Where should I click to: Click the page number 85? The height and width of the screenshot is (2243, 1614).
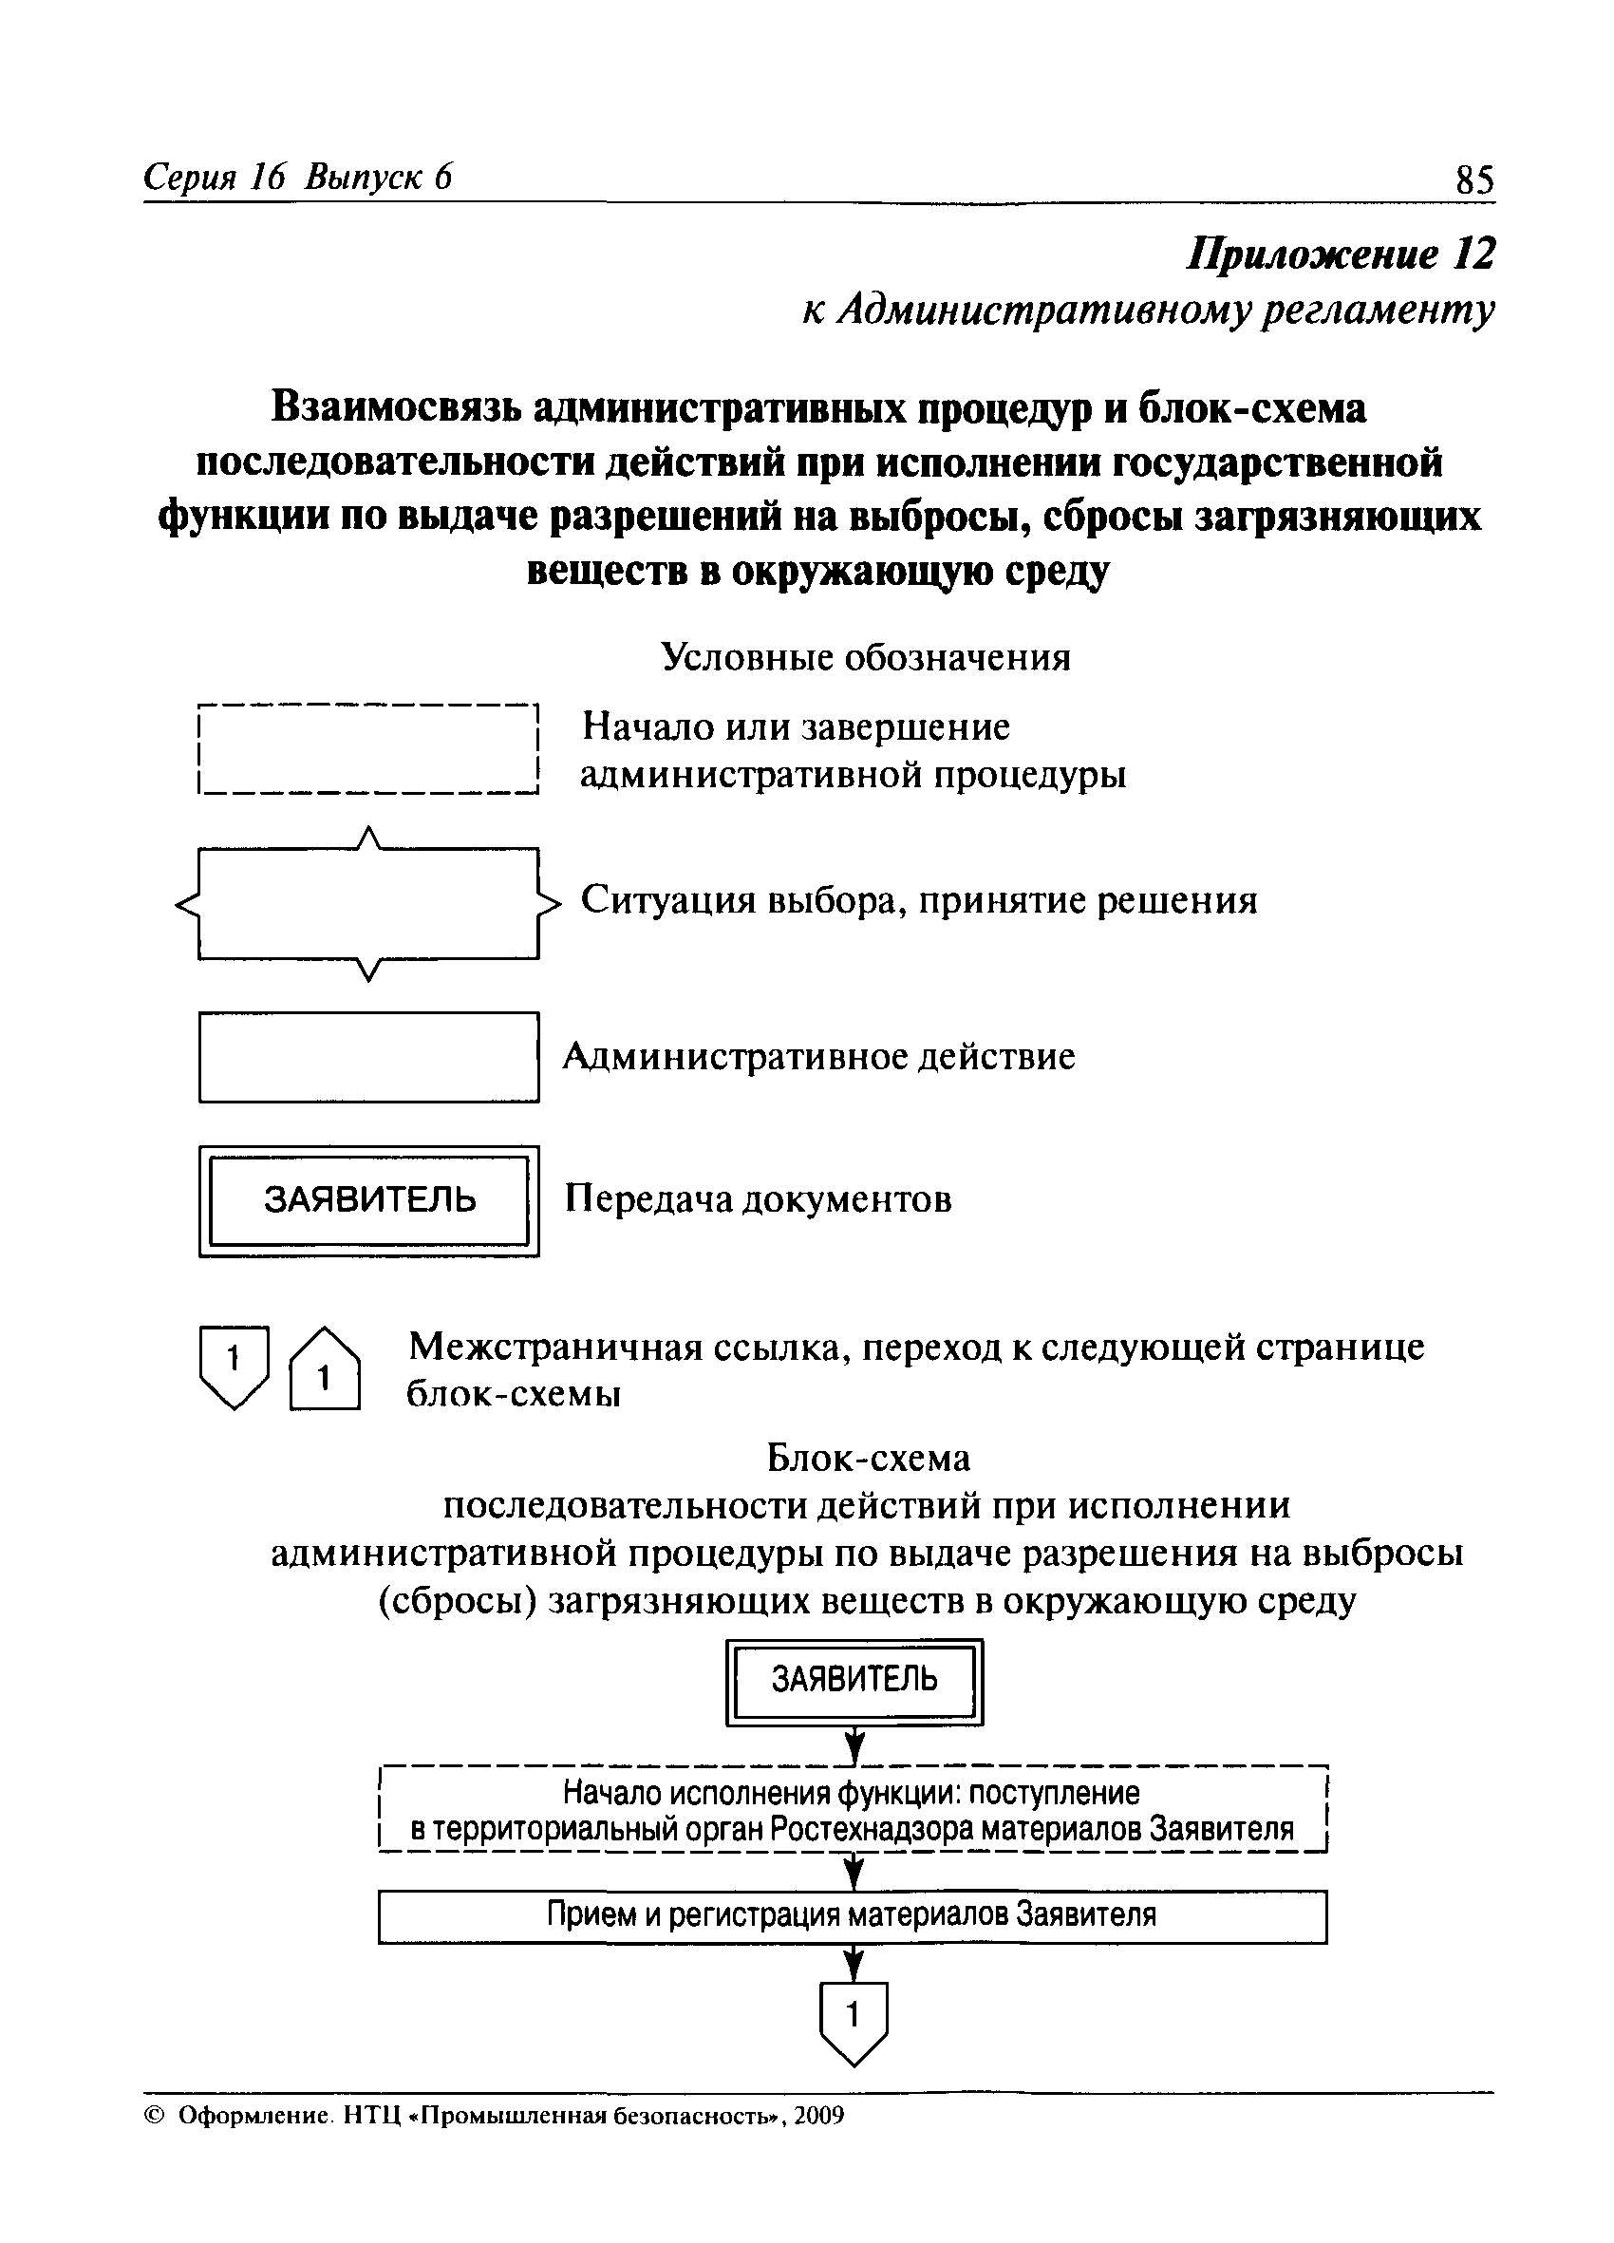click(x=1474, y=179)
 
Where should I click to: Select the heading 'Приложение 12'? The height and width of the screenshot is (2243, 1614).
click(x=1340, y=254)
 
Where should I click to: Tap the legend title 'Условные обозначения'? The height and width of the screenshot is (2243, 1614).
click(x=865, y=655)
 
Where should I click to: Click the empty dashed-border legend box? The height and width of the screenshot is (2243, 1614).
click(x=368, y=748)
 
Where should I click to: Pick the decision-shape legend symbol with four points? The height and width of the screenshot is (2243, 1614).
click(x=368, y=903)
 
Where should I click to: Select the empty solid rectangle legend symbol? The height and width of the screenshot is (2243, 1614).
click(x=369, y=1056)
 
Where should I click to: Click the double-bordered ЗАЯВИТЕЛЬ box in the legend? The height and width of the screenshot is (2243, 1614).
click(x=369, y=1200)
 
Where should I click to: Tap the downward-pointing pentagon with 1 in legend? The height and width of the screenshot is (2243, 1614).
click(x=234, y=1365)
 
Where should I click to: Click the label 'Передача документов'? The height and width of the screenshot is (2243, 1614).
click(x=758, y=1199)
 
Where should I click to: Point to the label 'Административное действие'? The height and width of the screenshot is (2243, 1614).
click(x=818, y=1056)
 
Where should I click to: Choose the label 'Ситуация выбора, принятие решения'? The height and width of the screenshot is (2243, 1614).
click(x=919, y=900)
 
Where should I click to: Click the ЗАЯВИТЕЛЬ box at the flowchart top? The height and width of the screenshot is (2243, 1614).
click(x=854, y=1679)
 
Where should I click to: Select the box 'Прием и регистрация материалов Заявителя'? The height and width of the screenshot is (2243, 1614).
click(x=852, y=1915)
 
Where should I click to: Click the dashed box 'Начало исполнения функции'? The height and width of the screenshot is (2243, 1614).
click(x=852, y=1810)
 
